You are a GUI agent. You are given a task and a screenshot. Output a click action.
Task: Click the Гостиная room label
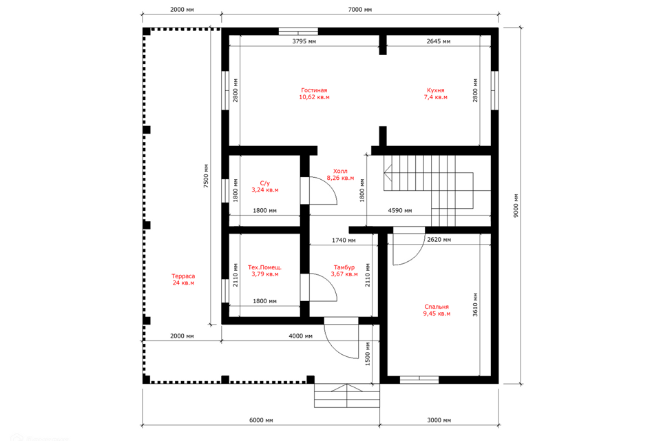(x=314, y=90)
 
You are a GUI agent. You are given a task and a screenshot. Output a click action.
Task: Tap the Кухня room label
(x=435, y=90)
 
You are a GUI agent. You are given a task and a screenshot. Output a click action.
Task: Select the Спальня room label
(x=437, y=307)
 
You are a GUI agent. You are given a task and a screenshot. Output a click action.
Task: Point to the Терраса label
(x=183, y=276)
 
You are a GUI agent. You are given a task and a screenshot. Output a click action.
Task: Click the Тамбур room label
(x=344, y=267)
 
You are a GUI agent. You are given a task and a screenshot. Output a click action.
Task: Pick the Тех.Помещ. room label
(x=264, y=267)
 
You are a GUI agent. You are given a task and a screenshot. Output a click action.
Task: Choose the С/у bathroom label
(x=264, y=183)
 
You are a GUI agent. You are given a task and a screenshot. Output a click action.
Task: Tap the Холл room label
(x=340, y=171)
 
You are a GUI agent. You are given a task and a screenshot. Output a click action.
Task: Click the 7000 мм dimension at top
(x=360, y=9)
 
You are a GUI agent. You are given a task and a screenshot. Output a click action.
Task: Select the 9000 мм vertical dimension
(x=516, y=206)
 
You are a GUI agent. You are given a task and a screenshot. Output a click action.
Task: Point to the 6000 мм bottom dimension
(x=261, y=420)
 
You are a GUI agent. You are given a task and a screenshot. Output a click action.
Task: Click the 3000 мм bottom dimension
(x=439, y=420)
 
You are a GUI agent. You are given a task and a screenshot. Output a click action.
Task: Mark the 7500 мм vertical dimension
(x=206, y=176)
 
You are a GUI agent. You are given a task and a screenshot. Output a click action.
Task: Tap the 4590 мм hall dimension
(x=399, y=210)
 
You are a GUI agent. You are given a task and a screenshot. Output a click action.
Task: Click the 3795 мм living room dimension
(x=304, y=41)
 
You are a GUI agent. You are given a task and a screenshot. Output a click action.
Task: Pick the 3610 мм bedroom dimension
(x=475, y=305)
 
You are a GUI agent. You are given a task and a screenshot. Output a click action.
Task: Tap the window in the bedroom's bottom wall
(x=419, y=380)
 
